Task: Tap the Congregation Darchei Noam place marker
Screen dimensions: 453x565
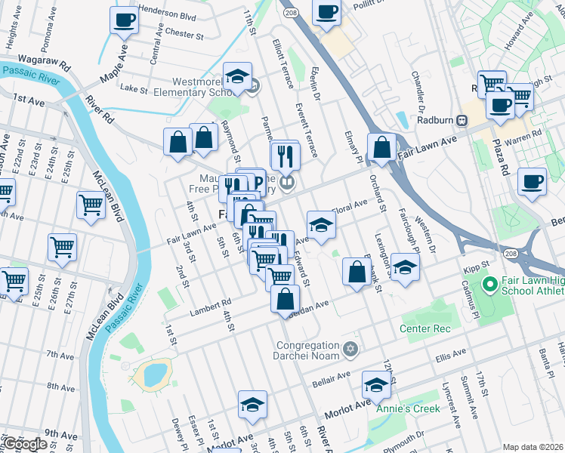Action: (x=349, y=348)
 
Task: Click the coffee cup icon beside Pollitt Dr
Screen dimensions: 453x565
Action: (x=326, y=13)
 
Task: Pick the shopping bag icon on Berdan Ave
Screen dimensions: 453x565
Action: (x=285, y=298)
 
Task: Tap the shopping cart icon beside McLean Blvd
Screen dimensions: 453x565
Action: (x=91, y=204)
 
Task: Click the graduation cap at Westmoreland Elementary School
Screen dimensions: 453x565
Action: (x=238, y=77)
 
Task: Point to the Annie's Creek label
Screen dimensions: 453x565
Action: (x=414, y=408)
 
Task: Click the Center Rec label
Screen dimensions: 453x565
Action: (x=425, y=328)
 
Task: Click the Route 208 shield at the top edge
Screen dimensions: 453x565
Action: (x=289, y=14)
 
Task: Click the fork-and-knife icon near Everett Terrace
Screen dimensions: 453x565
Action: (x=285, y=156)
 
